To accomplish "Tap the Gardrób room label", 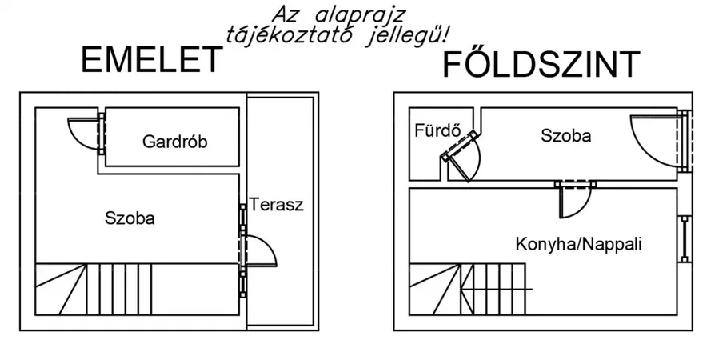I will coord(175,142).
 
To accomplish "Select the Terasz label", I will coord(276,204).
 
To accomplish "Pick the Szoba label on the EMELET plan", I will coord(130,218).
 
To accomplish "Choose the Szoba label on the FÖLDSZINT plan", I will coord(565,136).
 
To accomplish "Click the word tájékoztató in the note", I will coord(277,34).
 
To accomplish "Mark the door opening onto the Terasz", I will coord(260,250).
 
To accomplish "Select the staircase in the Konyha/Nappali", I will coord(470,290).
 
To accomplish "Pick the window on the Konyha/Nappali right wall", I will coord(685,238).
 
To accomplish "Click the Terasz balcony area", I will coord(277,272).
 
